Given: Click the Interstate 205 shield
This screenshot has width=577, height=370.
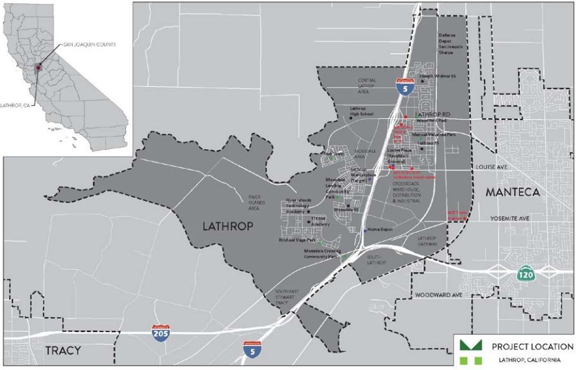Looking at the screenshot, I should pyautogui.click(x=160, y=332).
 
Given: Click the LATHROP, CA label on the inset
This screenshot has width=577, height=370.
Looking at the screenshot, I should pyautogui.click(x=21, y=104).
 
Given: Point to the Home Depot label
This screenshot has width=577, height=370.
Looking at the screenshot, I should pyautogui.click(x=380, y=229).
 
